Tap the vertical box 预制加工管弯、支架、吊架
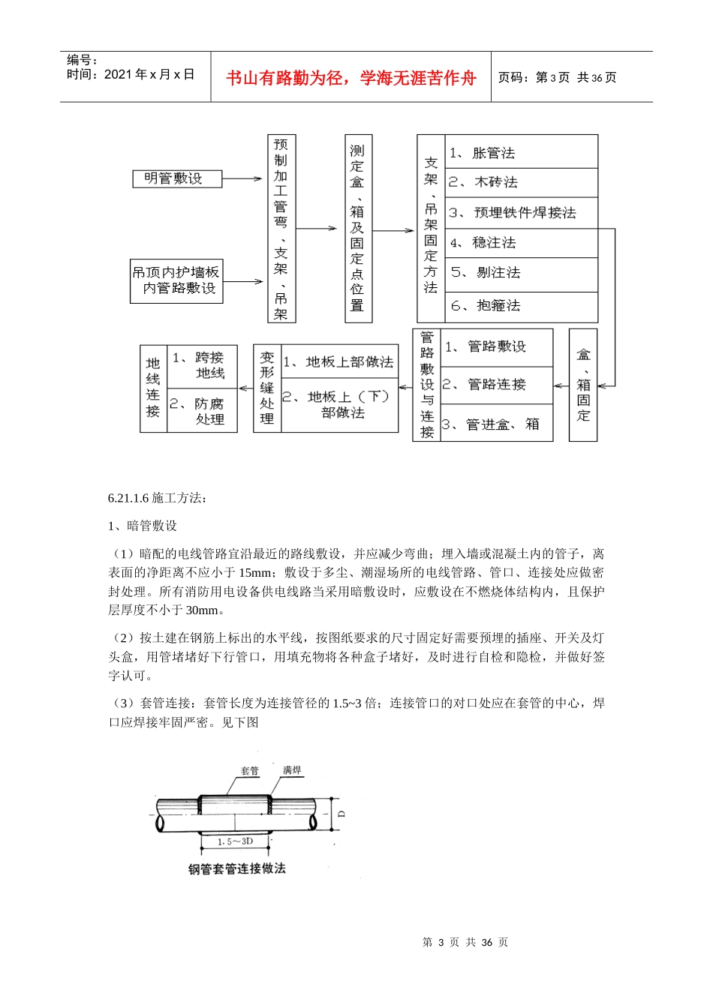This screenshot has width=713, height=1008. (281, 229)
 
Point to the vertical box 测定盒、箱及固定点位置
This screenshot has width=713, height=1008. (357, 229)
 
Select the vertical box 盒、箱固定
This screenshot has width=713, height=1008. (583, 385)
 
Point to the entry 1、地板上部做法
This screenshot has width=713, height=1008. (339, 362)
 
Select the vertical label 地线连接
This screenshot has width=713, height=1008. (153, 388)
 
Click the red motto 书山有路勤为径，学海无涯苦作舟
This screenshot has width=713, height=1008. (351, 78)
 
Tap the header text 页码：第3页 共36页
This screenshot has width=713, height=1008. (558, 77)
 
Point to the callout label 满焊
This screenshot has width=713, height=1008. (292, 770)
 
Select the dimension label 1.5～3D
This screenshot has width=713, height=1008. (235, 841)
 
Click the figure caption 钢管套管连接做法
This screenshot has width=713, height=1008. (237, 869)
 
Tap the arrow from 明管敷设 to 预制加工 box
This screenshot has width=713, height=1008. (242, 179)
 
